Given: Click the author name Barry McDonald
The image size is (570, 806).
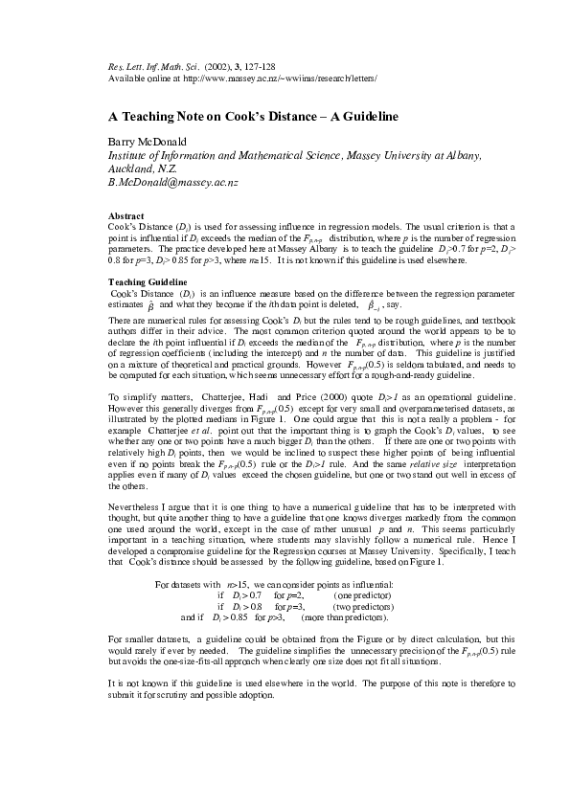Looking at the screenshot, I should tap(144, 141).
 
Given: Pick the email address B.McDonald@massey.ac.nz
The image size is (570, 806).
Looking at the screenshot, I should tap(172, 180).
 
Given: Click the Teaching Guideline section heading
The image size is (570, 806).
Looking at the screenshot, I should tap(148, 282).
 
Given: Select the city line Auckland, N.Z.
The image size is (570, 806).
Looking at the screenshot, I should tap(142, 167).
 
